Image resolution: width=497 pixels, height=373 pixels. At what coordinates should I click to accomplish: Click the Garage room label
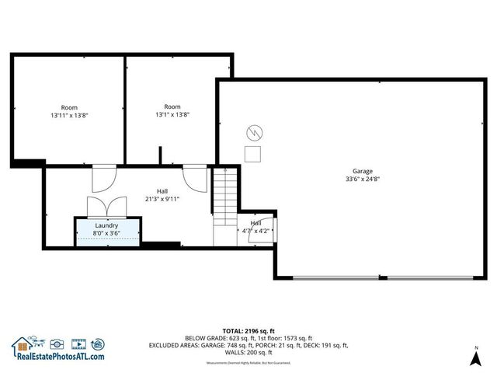tap(363, 171)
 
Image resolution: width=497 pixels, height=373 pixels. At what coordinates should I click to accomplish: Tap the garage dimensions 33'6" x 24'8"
tap(363, 179)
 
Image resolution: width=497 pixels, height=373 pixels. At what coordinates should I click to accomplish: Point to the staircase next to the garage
tap(224, 194)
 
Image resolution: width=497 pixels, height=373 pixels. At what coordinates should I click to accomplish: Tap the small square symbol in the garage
tap(253, 153)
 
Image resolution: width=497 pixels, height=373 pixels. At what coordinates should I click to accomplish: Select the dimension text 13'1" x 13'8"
tap(172, 114)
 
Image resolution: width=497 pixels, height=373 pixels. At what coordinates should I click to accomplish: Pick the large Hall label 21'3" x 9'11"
tap(162, 198)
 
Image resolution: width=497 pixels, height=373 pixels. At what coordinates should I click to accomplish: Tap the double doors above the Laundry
tap(106, 207)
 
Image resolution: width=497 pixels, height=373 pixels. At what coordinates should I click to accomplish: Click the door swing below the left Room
tap(103, 179)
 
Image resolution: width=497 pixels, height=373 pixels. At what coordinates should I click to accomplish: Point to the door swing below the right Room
tap(195, 179)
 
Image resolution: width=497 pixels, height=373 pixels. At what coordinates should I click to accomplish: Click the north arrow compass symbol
tap(476, 357)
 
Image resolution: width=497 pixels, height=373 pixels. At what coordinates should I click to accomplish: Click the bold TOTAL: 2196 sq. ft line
tap(248, 331)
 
